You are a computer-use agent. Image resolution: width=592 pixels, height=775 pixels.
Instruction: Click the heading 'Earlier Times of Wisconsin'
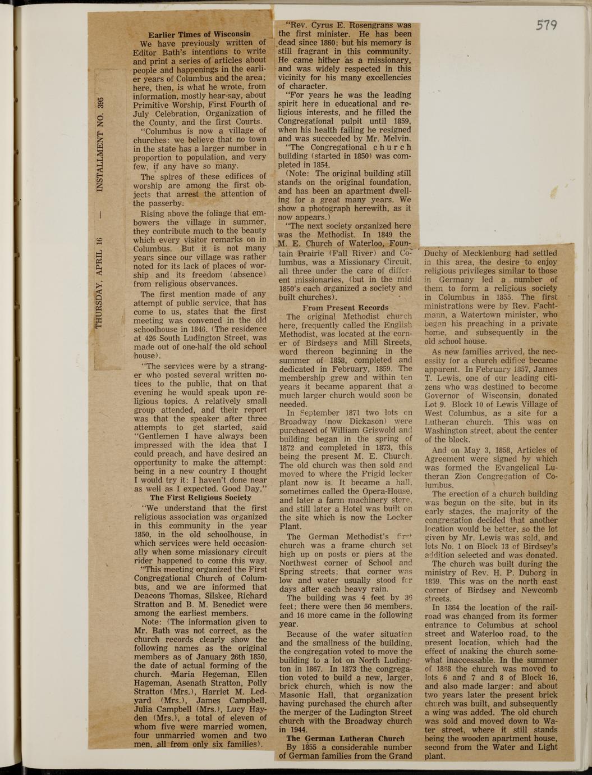tap(199, 34)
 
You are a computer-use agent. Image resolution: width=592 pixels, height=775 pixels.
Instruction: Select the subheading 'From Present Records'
tap(345, 307)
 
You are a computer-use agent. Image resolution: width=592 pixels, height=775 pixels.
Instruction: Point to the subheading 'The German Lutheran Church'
tap(345, 738)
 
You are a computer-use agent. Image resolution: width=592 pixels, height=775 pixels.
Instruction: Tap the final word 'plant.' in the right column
tap(435, 756)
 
